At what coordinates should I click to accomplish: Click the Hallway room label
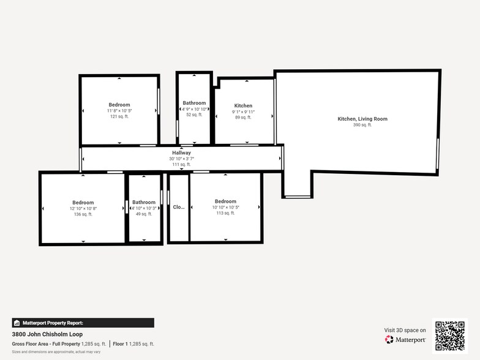point(181,152)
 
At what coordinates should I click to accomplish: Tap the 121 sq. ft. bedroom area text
point(119,116)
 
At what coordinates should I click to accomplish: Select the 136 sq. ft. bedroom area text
point(83,214)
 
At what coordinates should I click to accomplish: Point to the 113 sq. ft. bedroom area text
point(225,214)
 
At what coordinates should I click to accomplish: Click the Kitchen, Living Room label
point(362,119)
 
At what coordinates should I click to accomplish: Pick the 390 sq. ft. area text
point(362,125)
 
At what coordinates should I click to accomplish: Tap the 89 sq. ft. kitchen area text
point(243,117)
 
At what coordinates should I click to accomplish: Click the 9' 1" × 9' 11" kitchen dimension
point(243,111)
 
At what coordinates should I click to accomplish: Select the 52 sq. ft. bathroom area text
point(194,114)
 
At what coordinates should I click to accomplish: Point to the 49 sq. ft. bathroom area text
point(144,214)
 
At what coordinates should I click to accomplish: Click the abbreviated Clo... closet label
point(179,207)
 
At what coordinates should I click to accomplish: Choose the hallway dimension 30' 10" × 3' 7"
point(181,159)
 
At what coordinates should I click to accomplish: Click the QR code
point(449,336)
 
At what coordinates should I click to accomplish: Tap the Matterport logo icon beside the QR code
point(389,339)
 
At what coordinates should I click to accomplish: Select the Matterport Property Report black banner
point(83,323)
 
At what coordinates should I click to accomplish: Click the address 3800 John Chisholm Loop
point(42,335)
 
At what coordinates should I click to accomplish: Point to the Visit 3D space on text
point(405,330)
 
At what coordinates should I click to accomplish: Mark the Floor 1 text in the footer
point(120,343)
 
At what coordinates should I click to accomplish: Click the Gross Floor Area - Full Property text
point(46,343)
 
